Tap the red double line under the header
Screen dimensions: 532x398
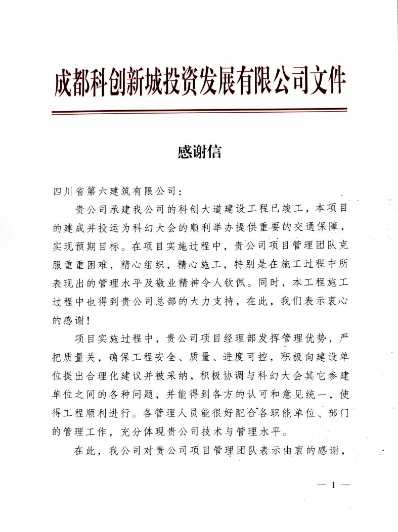[x=199, y=111]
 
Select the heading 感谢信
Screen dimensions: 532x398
[x=199, y=152]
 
